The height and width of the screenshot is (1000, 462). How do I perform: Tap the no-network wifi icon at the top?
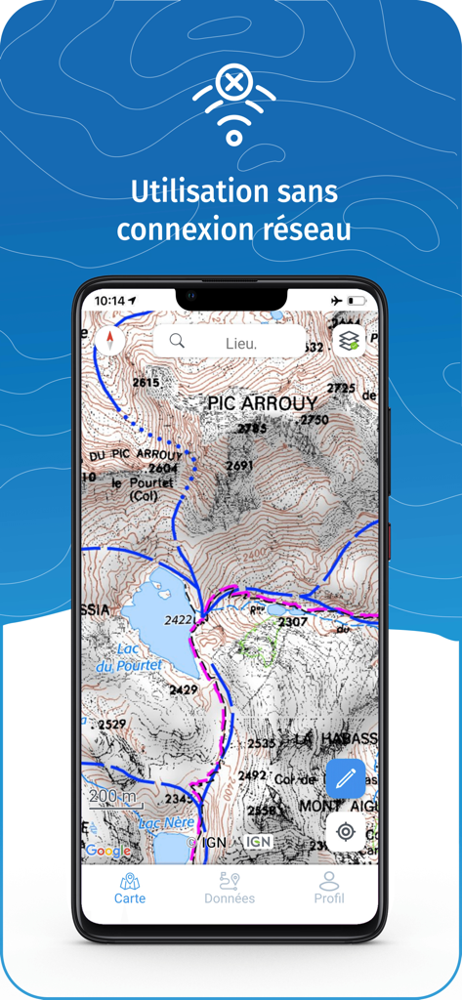233,105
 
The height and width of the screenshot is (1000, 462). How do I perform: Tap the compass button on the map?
110,341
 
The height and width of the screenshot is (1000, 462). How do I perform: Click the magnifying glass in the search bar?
177,341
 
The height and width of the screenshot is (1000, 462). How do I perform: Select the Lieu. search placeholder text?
241,343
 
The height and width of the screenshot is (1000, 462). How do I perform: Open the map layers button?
349,341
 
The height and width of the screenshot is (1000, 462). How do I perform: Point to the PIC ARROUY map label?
263,402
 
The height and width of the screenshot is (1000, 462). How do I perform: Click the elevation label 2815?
145,383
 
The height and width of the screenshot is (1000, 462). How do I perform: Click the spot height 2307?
293,621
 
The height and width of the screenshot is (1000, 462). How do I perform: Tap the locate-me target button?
345,832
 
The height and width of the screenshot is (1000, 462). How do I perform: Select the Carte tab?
130,888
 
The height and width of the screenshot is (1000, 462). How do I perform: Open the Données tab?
230,888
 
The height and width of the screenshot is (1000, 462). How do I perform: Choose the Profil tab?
329,888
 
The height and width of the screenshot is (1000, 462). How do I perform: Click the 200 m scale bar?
113,799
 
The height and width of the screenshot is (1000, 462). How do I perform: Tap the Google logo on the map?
107,851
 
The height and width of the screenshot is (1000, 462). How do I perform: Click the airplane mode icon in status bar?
337,300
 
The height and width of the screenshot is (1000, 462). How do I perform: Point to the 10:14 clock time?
110,301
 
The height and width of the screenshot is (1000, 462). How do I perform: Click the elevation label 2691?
239,467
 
